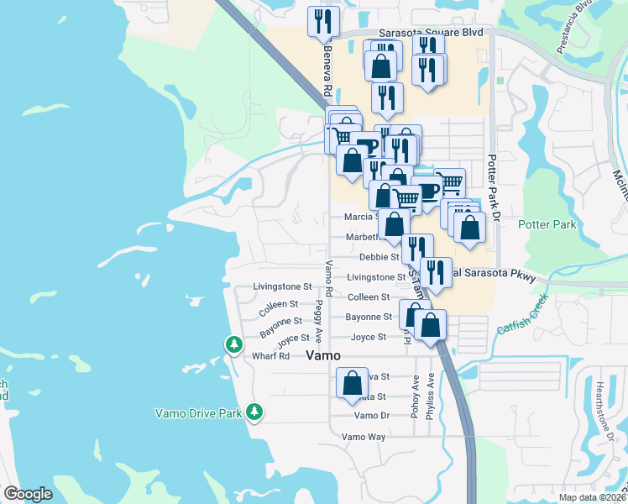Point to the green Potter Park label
coord(547,224)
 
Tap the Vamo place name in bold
coord(323,355)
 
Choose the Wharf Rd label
coord(270,355)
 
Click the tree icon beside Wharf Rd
coord(234,344)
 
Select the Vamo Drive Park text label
coord(199,412)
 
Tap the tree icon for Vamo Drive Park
coord(254,412)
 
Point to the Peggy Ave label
coord(318,318)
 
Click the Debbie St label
coord(379,257)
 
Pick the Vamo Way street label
coord(363,437)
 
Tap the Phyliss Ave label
coord(430,402)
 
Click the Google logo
coord(28,494)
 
